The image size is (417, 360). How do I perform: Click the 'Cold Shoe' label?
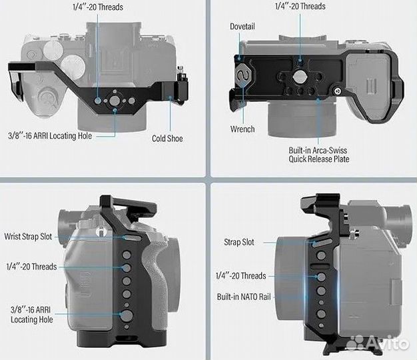coord(167,139)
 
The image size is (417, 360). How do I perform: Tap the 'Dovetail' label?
coord(242,27)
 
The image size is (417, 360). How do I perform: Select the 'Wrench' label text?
coord(242,129)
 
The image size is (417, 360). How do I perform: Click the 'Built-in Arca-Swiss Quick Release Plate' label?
coord(318,155)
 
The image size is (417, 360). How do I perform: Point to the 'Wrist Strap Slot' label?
coord(28,236)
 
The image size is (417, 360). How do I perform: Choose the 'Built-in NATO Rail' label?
coord(244,297)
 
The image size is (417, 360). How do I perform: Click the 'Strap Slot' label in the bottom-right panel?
coord(239,242)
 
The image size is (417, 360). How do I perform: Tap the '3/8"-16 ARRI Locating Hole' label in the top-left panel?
coord(50,136)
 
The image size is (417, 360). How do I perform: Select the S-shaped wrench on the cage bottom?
coord(242,75)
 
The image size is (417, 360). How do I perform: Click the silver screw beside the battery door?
coord(338,91)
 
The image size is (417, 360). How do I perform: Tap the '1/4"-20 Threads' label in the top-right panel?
coord(300,6)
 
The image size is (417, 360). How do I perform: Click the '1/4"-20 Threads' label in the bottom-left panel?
coord(31,267)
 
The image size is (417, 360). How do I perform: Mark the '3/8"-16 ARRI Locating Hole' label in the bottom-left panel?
coord(32,315)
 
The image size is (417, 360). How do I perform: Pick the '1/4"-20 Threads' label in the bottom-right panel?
coord(240,275)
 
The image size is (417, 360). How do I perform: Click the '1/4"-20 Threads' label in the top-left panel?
coord(98,7)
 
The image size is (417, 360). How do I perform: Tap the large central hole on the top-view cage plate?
coord(115,101)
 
